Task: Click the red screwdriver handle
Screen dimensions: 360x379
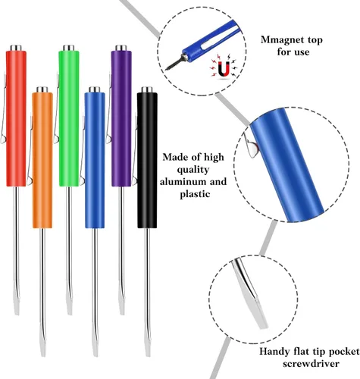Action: [16, 118]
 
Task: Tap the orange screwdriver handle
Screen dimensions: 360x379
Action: [42, 160]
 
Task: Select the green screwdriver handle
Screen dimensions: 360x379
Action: [69, 118]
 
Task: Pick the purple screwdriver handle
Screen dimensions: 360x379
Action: [121, 118]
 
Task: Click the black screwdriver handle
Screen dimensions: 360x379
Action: [147, 160]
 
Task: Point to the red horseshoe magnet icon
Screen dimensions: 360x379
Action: [224, 69]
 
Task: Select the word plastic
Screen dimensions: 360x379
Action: [195, 194]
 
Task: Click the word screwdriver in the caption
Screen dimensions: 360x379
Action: [311, 364]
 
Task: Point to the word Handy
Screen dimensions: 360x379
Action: [275, 352]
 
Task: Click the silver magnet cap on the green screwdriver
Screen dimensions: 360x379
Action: [69, 48]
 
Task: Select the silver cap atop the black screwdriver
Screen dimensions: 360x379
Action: [147, 89]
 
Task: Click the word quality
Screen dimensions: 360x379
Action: [193, 170]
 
